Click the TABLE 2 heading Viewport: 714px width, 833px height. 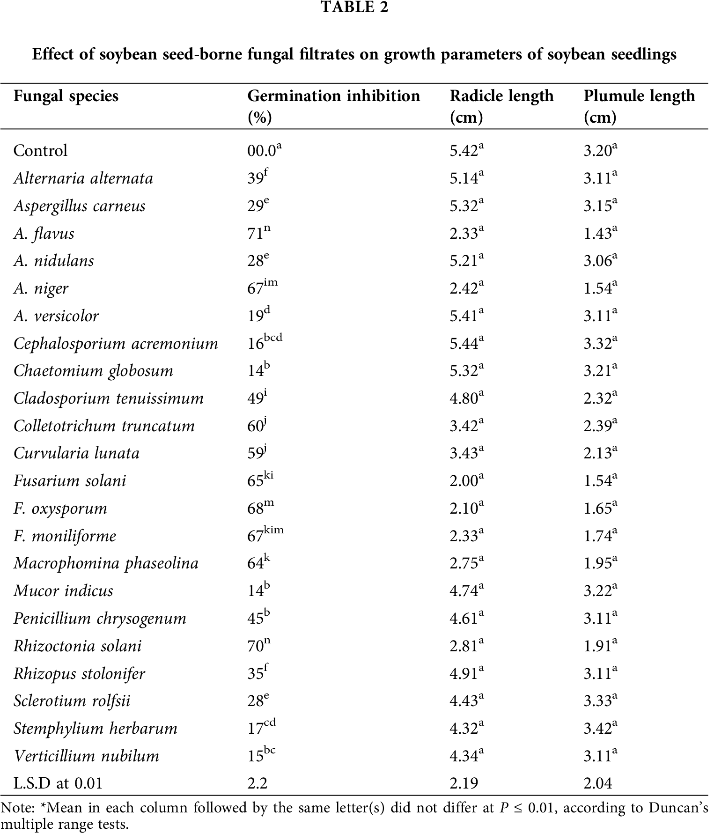[354, 7]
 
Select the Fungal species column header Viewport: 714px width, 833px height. [66, 96]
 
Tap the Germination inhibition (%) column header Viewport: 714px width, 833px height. [333, 106]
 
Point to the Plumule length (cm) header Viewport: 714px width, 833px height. [639, 106]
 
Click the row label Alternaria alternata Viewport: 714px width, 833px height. [83, 178]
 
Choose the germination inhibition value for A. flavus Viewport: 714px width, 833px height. [258, 233]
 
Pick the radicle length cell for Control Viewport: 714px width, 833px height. [466, 151]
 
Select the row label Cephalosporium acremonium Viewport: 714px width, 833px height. [116, 344]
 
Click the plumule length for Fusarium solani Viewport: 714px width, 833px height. [600, 481]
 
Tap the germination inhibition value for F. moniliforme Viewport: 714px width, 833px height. [265, 536]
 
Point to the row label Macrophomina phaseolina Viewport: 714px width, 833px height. [106, 563]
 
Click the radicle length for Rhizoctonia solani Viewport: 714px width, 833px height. [466, 646]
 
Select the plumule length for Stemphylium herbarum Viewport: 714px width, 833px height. [600, 729]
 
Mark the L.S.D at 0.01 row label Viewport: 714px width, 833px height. [58, 783]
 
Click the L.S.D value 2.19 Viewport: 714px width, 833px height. [464, 783]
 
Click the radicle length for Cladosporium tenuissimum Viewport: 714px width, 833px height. [466, 398]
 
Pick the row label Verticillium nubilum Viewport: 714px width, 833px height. [87, 756]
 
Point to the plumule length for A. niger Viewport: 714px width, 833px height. [600, 288]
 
